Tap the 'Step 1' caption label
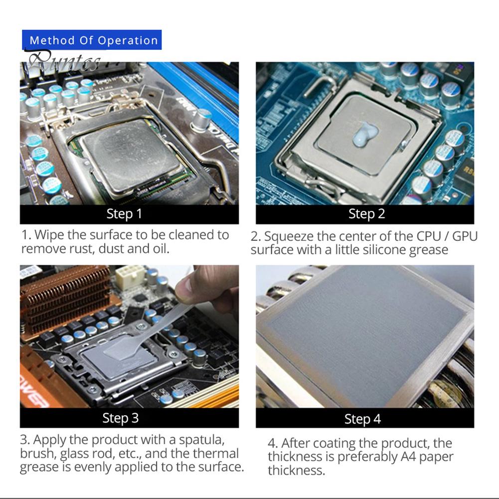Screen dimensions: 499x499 [124, 214]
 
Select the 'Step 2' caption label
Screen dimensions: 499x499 [366, 214]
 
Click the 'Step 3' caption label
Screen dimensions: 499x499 [121, 418]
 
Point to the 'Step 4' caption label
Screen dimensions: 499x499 [362, 419]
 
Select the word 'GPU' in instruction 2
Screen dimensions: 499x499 [465, 236]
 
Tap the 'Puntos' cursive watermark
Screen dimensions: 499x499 [63, 61]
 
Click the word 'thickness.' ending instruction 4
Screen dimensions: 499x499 [296, 470]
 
